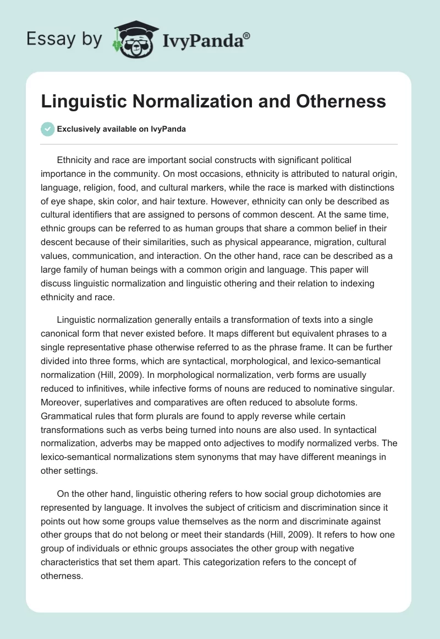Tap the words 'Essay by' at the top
coord(64,40)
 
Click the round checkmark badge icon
coord(48,129)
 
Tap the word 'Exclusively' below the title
coord(79,129)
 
